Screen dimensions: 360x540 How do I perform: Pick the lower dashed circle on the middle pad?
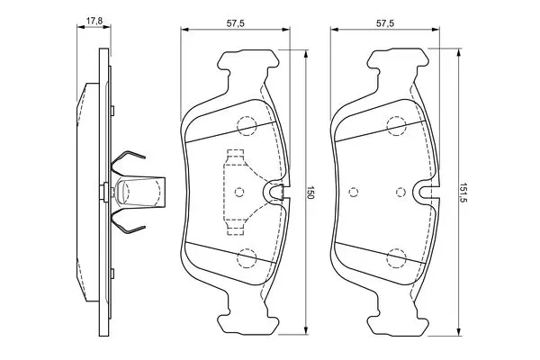pos(246,257)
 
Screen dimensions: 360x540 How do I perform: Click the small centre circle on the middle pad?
pos(238,191)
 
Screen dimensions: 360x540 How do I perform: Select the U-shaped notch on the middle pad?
pos(276,191)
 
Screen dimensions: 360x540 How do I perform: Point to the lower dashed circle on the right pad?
pos(396,257)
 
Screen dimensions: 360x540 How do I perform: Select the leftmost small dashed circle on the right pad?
pos(354,191)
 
